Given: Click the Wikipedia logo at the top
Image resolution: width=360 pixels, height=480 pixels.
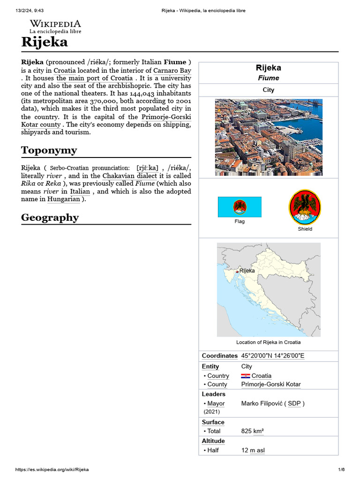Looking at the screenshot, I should [55, 26].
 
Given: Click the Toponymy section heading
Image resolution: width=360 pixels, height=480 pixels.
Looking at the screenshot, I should [49, 150].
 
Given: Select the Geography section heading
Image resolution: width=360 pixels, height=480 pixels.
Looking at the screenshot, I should [50, 217].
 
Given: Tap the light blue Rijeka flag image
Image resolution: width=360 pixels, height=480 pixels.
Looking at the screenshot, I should [240, 207].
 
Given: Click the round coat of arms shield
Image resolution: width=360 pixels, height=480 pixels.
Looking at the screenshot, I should [305, 206].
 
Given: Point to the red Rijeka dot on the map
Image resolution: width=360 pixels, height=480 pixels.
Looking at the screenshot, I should [237, 271].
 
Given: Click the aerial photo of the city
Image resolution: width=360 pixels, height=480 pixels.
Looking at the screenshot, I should [269, 137].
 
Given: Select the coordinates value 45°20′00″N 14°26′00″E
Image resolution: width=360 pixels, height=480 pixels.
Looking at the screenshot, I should [272, 356].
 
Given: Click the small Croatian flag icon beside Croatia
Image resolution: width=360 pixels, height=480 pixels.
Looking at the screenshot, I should [246, 376].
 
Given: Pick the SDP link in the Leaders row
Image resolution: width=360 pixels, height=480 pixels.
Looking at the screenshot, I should [294, 404].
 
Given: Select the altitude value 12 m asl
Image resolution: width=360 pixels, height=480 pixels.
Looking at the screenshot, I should [253, 450].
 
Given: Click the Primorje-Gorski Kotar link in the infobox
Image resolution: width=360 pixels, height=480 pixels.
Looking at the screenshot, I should [271, 384].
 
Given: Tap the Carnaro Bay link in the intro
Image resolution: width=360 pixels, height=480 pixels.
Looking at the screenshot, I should [172, 70].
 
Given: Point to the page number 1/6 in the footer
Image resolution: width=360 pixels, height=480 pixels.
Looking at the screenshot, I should [341, 470].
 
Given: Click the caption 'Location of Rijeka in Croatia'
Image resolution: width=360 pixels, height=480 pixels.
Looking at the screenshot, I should [268, 342].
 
